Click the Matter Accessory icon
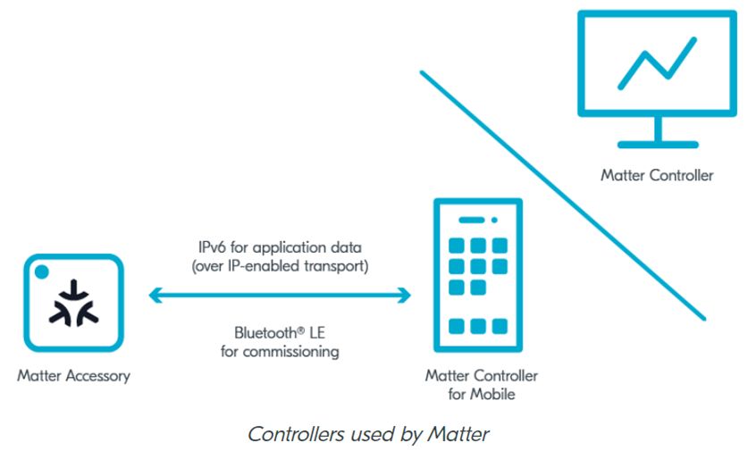tap(74, 304)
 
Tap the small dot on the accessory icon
tap(40, 270)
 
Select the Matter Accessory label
tap(73, 375)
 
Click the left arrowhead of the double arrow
tap(154, 296)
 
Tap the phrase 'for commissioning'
tap(280, 352)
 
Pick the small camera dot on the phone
tap(492, 220)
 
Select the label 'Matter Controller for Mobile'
tap(482, 385)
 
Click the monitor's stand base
tap(657, 144)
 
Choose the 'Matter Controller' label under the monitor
tap(657, 175)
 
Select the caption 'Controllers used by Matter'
tap(367, 435)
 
